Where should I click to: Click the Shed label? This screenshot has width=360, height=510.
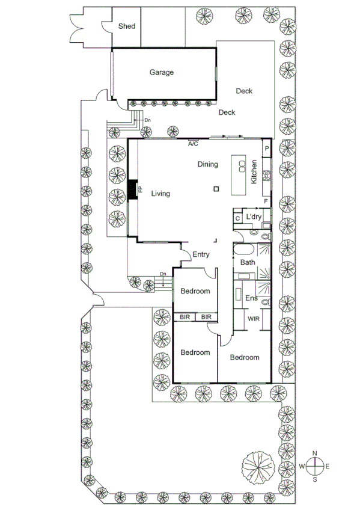tap(126, 26)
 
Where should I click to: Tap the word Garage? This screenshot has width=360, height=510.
tap(162, 73)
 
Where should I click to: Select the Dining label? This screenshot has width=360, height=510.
tap(207, 164)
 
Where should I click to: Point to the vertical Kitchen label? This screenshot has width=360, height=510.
tap(254, 171)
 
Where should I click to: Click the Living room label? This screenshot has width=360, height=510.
tap(160, 194)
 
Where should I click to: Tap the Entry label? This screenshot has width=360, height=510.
tap(201, 255)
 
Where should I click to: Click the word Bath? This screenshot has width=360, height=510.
tap(248, 263)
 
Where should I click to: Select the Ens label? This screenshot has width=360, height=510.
tap(251, 298)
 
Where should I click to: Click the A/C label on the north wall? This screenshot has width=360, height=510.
tap(193, 144)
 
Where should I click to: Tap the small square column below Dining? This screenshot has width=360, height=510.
tap(216, 189)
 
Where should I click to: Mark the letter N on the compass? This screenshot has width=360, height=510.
tap(315, 453)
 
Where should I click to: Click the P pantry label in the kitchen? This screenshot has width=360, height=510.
tap(266, 148)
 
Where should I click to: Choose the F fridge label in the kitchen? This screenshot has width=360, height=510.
tap(266, 201)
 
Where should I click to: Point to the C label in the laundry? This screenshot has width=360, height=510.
tap(238, 218)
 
